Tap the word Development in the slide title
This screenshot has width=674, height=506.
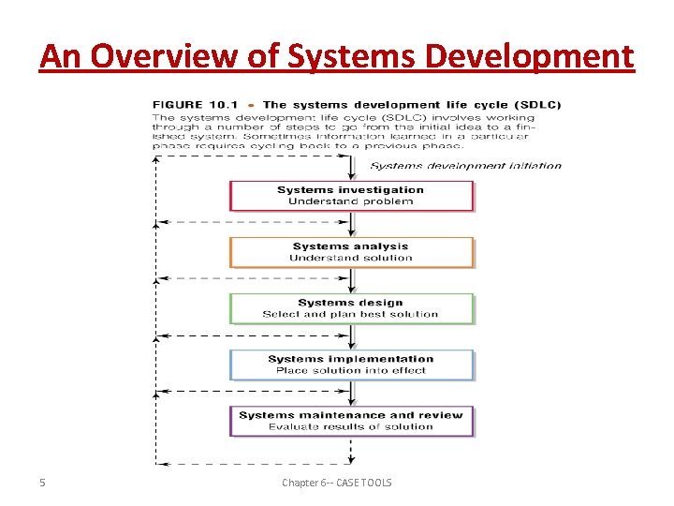(x=529, y=57)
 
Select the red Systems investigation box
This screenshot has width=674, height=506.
(x=351, y=196)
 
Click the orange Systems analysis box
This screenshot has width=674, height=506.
(x=351, y=252)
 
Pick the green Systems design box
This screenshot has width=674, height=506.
(x=351, y=308)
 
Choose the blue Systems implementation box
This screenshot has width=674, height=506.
(x=351, y=365)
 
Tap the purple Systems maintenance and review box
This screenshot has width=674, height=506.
(x=351, y=421)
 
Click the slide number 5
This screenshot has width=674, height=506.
(x=42, y=483)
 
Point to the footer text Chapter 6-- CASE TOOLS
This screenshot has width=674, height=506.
(x=337, y=483)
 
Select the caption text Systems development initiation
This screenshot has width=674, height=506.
(x=466, y=166)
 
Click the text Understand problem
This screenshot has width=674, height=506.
(x=351, y=201)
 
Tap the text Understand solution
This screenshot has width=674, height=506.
(x=351, y=258)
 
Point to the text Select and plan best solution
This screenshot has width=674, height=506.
(x=351, y=314)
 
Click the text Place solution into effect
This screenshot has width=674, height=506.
(x=351, y=370)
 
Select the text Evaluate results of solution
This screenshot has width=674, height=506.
(x=351, y=426)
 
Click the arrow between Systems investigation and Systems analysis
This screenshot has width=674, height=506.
(x=351, y=225)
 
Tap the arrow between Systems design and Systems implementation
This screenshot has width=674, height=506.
(x=351, y=337)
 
